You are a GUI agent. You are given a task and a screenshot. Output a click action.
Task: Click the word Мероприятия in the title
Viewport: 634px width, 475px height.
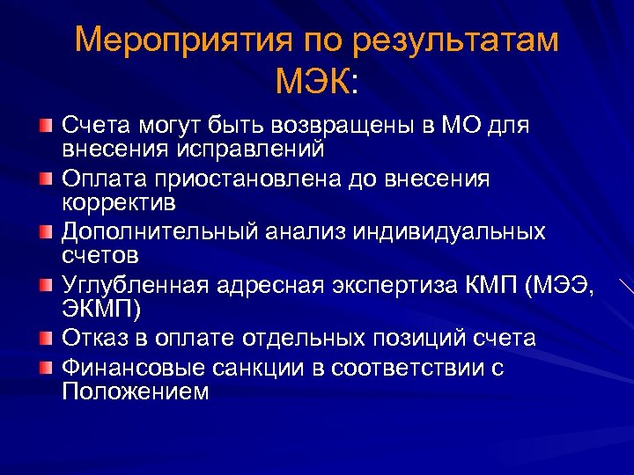tap(181, 41)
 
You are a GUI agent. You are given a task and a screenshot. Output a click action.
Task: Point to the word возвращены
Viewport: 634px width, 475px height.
tap(335, 127)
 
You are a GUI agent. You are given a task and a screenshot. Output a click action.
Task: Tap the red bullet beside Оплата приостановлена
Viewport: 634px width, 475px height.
tap(45, 179)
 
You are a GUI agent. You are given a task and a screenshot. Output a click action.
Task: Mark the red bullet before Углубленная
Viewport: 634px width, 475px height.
tap(45, 286)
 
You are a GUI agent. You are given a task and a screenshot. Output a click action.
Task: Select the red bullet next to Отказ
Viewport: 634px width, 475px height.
tap(45, 339)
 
